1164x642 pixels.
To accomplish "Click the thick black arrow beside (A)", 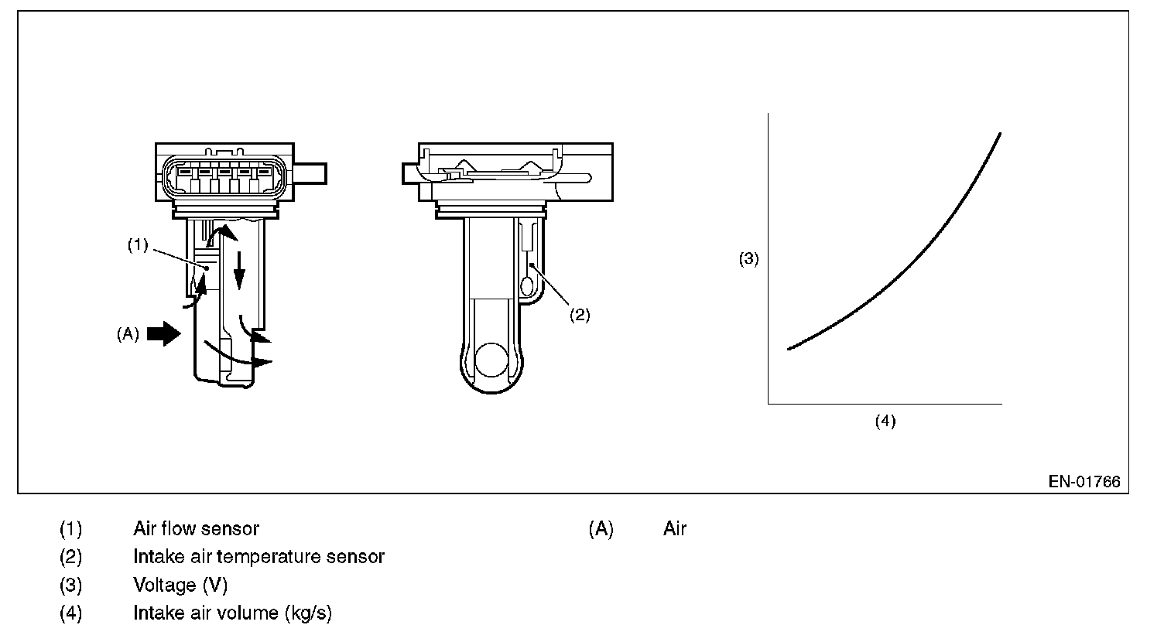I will click(x=163, y=334).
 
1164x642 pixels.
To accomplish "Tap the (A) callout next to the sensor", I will click(x=128, y=334).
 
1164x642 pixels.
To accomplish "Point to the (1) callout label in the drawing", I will click(x=137, y=245).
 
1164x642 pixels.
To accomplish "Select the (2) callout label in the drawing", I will click(x=580, y=315).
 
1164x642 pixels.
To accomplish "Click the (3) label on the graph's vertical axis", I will click(x=748, y=259).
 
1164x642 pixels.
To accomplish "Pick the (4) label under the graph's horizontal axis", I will click(x=885, y=421).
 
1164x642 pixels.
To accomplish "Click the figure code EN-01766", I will click(x=1084, y=482).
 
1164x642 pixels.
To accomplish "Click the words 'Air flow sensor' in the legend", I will click(x=196, y=529).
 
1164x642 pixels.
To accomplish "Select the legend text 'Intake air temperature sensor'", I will click(x=258, y=557).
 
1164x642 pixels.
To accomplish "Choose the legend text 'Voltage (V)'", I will click(x=180, y=586).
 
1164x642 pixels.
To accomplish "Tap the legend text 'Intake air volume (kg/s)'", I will click(x=232, y=613).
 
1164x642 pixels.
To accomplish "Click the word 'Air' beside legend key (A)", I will click(x=675, y=529).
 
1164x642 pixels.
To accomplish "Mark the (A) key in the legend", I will click(x=601, y=529).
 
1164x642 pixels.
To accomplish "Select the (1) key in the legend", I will click(x=70, y=529).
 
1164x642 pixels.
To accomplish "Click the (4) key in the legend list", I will click(x=70, y=613).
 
